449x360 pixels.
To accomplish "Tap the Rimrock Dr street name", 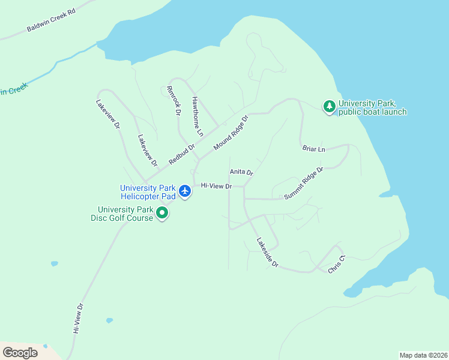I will (x=173, y=100).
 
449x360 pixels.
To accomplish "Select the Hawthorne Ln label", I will (x=197, y=115).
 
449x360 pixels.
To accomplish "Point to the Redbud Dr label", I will (x=182, y=154).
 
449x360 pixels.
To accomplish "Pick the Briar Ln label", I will (x=313, y=148).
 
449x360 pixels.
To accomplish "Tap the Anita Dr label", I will (x=241, y=172).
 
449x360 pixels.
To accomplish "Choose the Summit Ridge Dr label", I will (x=303, y=183).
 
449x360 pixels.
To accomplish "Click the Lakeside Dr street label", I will (x=268, y=253).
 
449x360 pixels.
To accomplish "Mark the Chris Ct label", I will (x=337, y=265).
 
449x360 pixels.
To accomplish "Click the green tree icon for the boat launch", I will (x=329, y=107).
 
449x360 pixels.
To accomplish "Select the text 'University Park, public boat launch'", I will (x=372, y=107).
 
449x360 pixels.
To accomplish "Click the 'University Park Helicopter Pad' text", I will (x=148, y=192).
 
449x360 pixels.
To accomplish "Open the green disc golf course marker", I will (x=162, y=212).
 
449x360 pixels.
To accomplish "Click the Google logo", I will (x=20, y=353).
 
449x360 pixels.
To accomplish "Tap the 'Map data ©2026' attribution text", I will (x=423, y=355).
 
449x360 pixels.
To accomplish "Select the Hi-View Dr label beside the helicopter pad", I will (x=216, y=186).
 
